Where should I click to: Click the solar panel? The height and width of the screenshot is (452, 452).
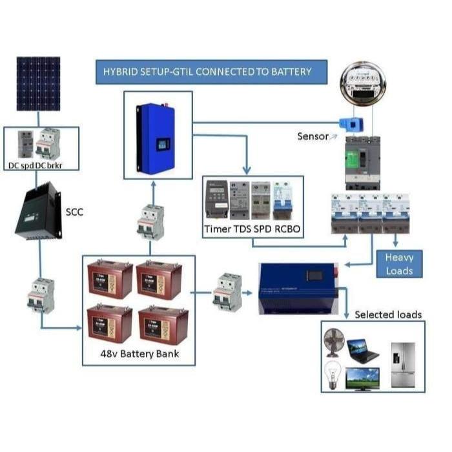point(38,83)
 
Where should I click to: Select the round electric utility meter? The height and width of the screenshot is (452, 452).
point(362,84)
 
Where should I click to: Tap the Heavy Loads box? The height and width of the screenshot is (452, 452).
point(399,263)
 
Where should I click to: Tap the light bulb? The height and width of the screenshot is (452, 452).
point(332,374)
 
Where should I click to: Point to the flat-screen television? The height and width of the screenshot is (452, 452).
point(362,378)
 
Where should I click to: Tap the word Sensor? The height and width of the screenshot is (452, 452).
point(313,136)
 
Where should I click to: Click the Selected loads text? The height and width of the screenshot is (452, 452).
point(387,314)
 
